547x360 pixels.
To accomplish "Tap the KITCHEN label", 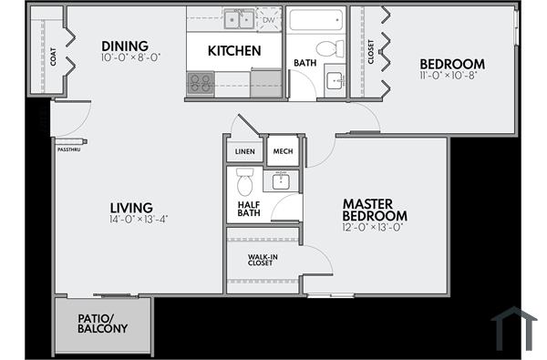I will coord(234,51).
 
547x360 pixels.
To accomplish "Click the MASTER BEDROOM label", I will coord(374,209).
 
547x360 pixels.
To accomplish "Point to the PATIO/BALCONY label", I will coord(102,324).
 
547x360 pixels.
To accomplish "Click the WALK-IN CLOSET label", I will coord(263,260).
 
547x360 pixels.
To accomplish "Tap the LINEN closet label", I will coord(244,150).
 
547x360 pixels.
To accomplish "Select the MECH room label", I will coord(282,150).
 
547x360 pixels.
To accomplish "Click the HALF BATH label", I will coord(249,209).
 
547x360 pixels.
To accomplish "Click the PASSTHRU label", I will coord(69,149).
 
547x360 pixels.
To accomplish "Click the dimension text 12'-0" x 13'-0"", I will coord(374,227).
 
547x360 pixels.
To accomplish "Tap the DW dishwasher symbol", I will coord(269,18).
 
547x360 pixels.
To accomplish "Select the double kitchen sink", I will coord(240,18).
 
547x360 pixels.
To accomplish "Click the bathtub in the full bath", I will coord(315,18).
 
